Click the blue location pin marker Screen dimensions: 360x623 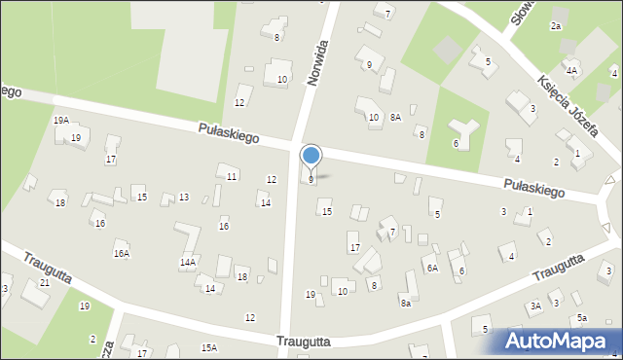pyautogui.click(x=311, y=156)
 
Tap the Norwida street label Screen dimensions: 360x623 pyautogui.click(x=318, y=64)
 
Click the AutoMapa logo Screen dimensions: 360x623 pyautogui.click(x=561, y=341)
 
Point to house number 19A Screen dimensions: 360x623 pyautogui.click(x=60, y=121)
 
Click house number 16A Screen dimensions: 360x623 pyautogui.click(x=122, y=253)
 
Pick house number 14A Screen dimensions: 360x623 pyautogui.click(x=188, y=263)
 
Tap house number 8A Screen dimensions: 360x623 pyautogui.click(x=395, y=118)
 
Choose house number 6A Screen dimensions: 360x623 pyautogui.click(x=431, y=268)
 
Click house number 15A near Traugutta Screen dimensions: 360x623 pyautogui.click(x=208, y=347)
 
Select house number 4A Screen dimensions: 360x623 pyautogui.click(x=571, y=71)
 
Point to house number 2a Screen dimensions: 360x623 pyautogui.click(x=556, y=26)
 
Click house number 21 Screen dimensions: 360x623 pyautogui.click(x=45, y=282)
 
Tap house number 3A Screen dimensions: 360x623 pyautogui.click(x=535, y=306)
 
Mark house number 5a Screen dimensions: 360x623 pyautogui.click(x=581, y=318)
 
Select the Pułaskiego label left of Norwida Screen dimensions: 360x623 pyautogui.click(x=229, y=133)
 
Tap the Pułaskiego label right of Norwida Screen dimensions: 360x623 pyautogui.click(x=534, y=188)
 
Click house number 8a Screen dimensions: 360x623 pyautogui.click(x=405, y=304)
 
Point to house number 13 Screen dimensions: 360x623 pyautogui.click(x=183, y=198)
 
